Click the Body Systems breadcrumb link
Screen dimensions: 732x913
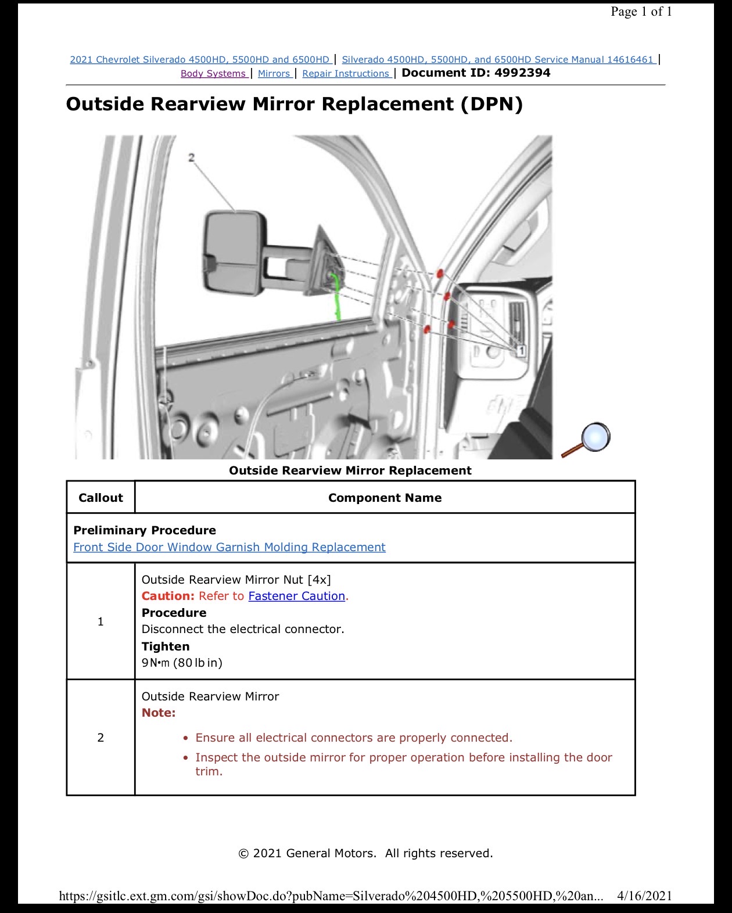pyautogui.click(x=214, y=73)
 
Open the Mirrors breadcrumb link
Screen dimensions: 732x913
pyautogui.click(x=274, y=73)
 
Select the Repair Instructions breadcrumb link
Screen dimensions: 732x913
pyautogui.click(x=346, y=73)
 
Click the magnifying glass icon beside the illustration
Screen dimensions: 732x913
pyautogui.click(x=587, y=440)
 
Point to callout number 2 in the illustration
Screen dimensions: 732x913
pyautogui.click(x=191, y=157)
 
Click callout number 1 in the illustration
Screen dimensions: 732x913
pyautogui.click(x=521, y=351)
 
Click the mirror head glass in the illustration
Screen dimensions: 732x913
pyautogui.click(x=232, y=252)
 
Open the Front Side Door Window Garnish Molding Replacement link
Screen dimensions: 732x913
pyautogui.click(x=229, y=547)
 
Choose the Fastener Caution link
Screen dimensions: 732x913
pyautogui.click(x=297, y=596)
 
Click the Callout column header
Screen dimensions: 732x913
pyautogui.click(x=101, y=498)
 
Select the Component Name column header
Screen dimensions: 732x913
pyautogui.click(x=385, y=498)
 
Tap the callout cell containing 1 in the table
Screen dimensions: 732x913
pyautogui.click(x=101, y=621)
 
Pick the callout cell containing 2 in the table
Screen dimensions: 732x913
pyautogui.click(x=101, y=738)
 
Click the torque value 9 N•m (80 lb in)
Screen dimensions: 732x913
pyautogui.click(x=182, y=663)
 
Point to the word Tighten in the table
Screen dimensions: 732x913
pyautogui.click(x=166, y=646)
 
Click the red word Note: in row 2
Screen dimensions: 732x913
pyautogui.click(x=159, y=713)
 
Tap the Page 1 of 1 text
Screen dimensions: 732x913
pyautogui.click(x=641, y=12)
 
